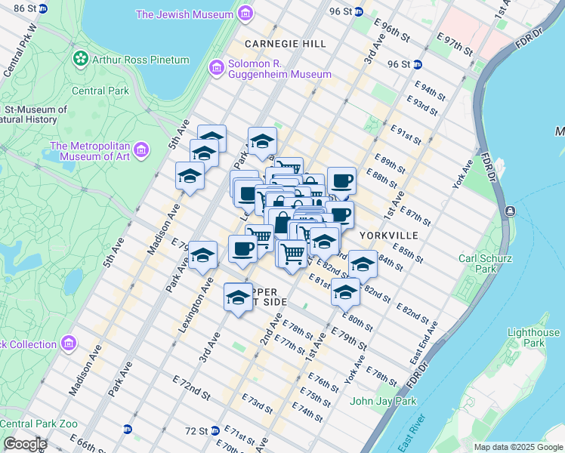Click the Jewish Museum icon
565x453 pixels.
coord(245,14)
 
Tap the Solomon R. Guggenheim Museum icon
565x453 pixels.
coord(217,69)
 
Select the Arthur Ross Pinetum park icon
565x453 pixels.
coord(80,59)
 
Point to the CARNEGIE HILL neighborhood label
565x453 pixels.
coord(286,45)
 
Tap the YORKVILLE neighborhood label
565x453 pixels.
coord(389,236)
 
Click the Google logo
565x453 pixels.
coord(24,444)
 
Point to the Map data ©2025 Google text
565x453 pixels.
coord(518,447)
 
